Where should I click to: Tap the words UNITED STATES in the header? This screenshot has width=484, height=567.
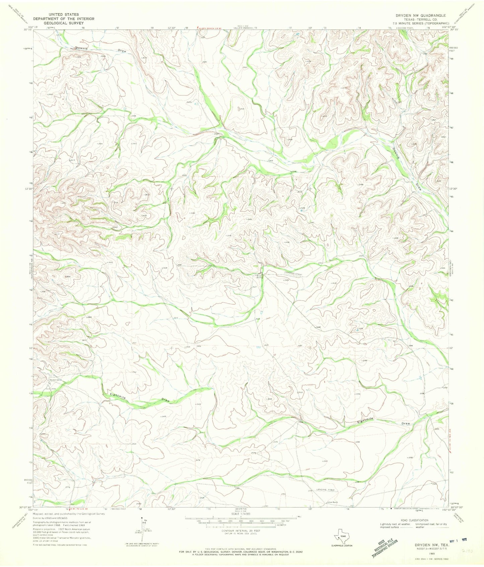point(64,15)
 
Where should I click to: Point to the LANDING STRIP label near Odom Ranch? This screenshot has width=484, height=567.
point(326,490)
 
